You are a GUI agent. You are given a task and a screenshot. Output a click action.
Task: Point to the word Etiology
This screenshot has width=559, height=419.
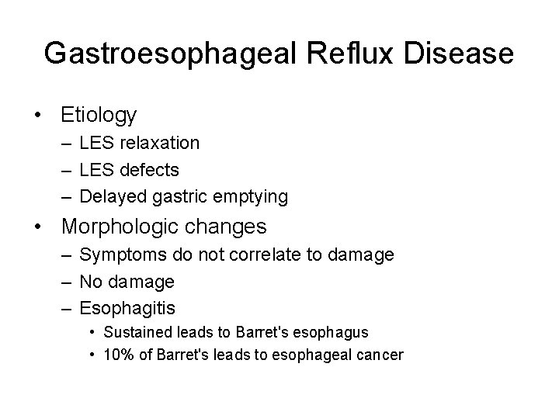[99, 116]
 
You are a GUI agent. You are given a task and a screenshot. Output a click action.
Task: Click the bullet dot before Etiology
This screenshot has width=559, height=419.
[37, 116]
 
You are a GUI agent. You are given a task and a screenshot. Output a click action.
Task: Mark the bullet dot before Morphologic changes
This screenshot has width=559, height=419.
[37, 227]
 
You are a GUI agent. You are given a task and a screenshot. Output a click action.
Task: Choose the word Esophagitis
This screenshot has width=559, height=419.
[127, 309]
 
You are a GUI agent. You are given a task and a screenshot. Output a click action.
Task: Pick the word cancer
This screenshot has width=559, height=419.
[379, 355]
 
